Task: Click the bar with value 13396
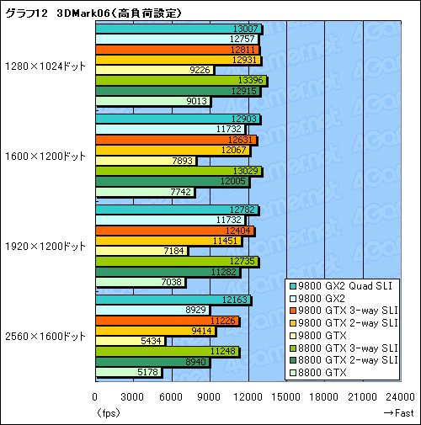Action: [x=180, y=80]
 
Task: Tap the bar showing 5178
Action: [x=129, y=372]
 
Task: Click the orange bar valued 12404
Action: [x=174, y=231]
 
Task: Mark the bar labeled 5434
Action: [x=131, y=342]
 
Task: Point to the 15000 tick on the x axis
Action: [x=287, y=398]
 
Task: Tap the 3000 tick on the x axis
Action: [x=134, y=398]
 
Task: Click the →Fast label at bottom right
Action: [x=397, y=412]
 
